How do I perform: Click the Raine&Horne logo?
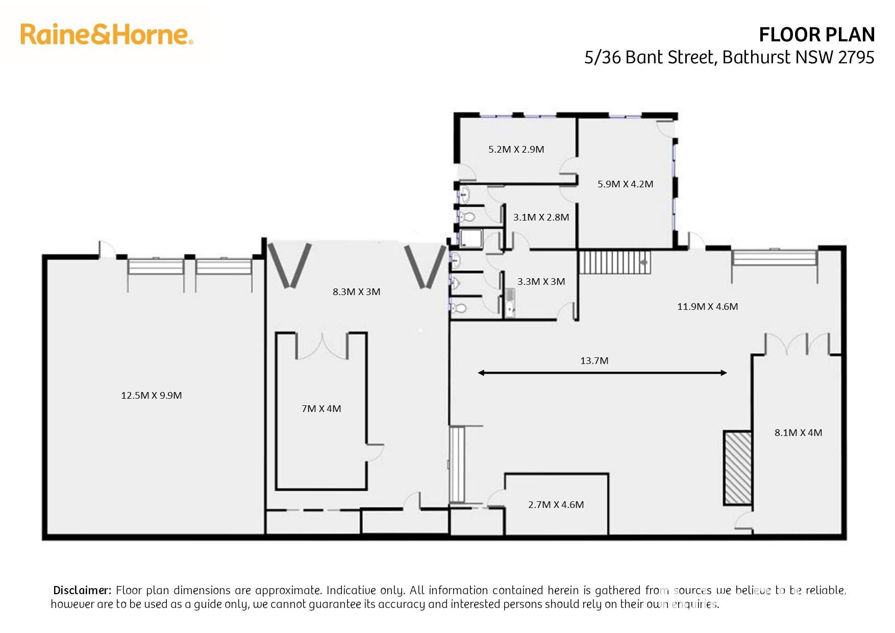(x=107, y=34)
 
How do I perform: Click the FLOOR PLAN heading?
(x=817, y=35)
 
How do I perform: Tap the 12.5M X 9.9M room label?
(x=152, y=395)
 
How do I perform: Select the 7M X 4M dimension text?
(x=321, y=408)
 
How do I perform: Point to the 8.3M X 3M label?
(x=357, y=292)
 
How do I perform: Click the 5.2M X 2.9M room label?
(x=516, y=150)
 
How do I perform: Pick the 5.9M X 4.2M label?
(x=626, y=184)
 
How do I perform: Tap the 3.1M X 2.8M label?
(x=541, y=217)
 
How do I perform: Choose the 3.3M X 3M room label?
(x=541, y=282)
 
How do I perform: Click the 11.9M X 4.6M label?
(x=708, y=307)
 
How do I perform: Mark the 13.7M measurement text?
(x=594, y=361)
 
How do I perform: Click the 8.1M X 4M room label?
(x=799, y=433)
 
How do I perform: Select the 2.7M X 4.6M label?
(x=556, y=505)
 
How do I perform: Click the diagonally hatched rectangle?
(x=738, y=468)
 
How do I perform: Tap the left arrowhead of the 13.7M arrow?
(x=481, y=373)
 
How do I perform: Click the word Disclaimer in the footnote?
(x=82, y=591)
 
